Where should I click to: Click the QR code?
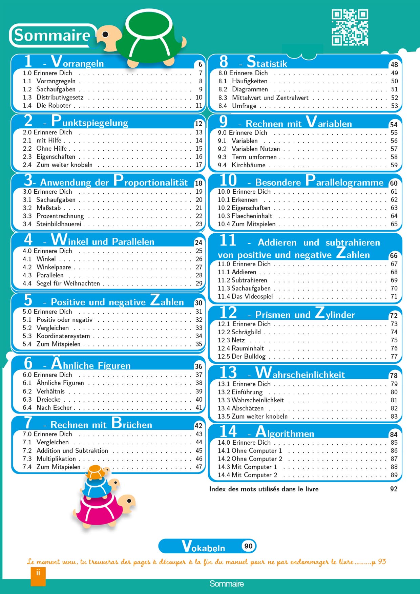point(350,27)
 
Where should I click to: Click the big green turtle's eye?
point(105,35)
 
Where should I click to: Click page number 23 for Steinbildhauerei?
point(199,224)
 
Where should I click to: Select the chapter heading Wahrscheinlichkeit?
point(300,374)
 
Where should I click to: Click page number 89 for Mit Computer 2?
point(394,475)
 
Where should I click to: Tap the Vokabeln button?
point(207,546)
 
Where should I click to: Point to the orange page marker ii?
point(38,576)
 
